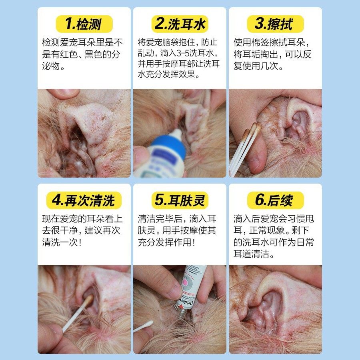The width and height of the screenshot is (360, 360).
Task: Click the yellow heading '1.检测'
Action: click(84, 24)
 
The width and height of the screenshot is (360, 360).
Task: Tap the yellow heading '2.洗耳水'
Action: click(180, 24)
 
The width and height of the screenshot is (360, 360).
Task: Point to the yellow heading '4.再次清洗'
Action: click(84, 200)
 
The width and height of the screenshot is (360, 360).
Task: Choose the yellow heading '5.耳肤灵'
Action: click(180, 200)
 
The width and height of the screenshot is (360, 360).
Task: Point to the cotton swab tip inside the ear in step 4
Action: click(88, 299)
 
